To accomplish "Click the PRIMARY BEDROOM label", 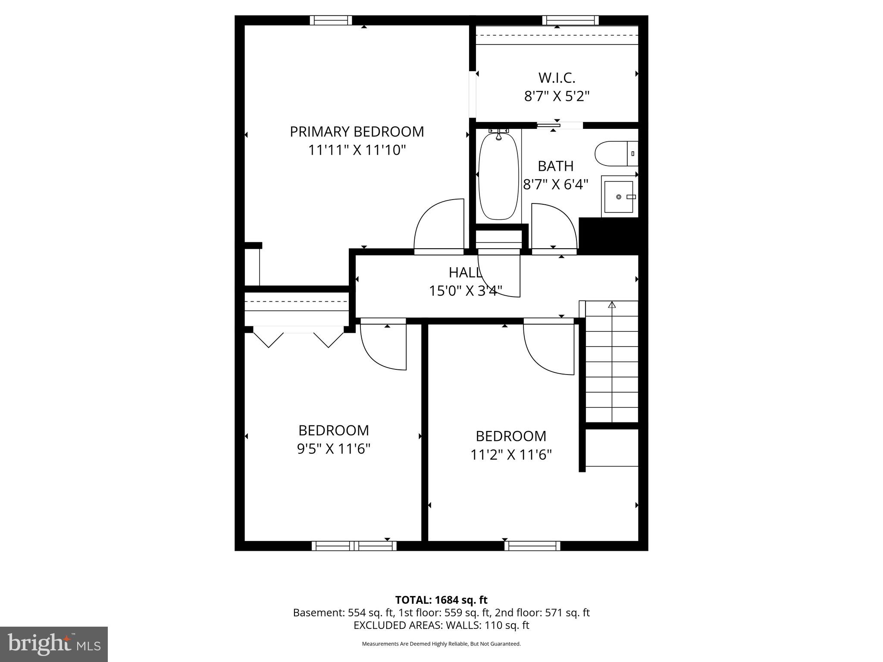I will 357,131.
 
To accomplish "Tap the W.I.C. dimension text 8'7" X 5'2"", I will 557,96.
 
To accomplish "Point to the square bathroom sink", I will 619,197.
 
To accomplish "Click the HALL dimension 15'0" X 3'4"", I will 465,291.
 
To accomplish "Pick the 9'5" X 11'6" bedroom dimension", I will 334,449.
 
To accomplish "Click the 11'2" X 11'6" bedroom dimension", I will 511,455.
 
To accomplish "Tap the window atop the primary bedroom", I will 331,20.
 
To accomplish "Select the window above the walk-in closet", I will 570,20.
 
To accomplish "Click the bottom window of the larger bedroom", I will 532,546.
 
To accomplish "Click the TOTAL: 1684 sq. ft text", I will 441,600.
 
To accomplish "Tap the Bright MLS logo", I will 54,644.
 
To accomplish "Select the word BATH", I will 555,166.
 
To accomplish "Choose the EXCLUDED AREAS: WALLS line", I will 441,625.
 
